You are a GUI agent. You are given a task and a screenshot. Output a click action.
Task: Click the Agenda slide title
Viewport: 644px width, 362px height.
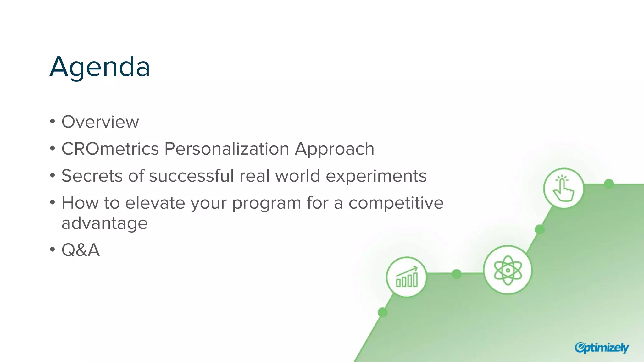tap(100, 67)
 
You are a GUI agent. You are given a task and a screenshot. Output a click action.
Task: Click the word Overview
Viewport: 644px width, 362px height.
tap(100, 122)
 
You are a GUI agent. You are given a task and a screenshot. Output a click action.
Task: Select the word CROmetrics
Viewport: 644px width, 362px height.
tap(110, 149)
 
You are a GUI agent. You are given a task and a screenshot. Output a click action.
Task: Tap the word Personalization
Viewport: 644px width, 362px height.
tap(226, 149)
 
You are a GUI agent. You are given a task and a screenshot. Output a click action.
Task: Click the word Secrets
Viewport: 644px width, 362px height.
tap(92, 176)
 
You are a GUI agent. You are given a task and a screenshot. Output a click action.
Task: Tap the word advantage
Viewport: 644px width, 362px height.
tap(104, 224)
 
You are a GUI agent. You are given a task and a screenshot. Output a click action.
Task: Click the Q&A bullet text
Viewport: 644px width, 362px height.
tap(80, 250)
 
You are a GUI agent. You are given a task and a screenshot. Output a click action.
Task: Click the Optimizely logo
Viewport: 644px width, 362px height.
tap(601, 348)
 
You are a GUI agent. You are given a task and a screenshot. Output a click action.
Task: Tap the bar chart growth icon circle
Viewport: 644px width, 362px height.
tap(407, 277)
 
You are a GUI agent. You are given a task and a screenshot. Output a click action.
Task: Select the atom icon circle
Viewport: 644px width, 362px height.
tap(508, 270)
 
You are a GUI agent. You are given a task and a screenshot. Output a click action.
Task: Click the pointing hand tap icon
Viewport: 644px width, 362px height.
tap(563, 188)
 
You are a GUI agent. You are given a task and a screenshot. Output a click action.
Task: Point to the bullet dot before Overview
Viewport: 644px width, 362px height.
tap(53, 122)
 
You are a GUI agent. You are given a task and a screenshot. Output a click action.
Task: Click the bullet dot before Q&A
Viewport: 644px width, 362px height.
tap(53, 250)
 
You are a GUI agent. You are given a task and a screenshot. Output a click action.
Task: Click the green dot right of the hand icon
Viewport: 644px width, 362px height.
tap(609, 184)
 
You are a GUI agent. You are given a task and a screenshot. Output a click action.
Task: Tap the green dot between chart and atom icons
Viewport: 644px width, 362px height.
tap(457, 274)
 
